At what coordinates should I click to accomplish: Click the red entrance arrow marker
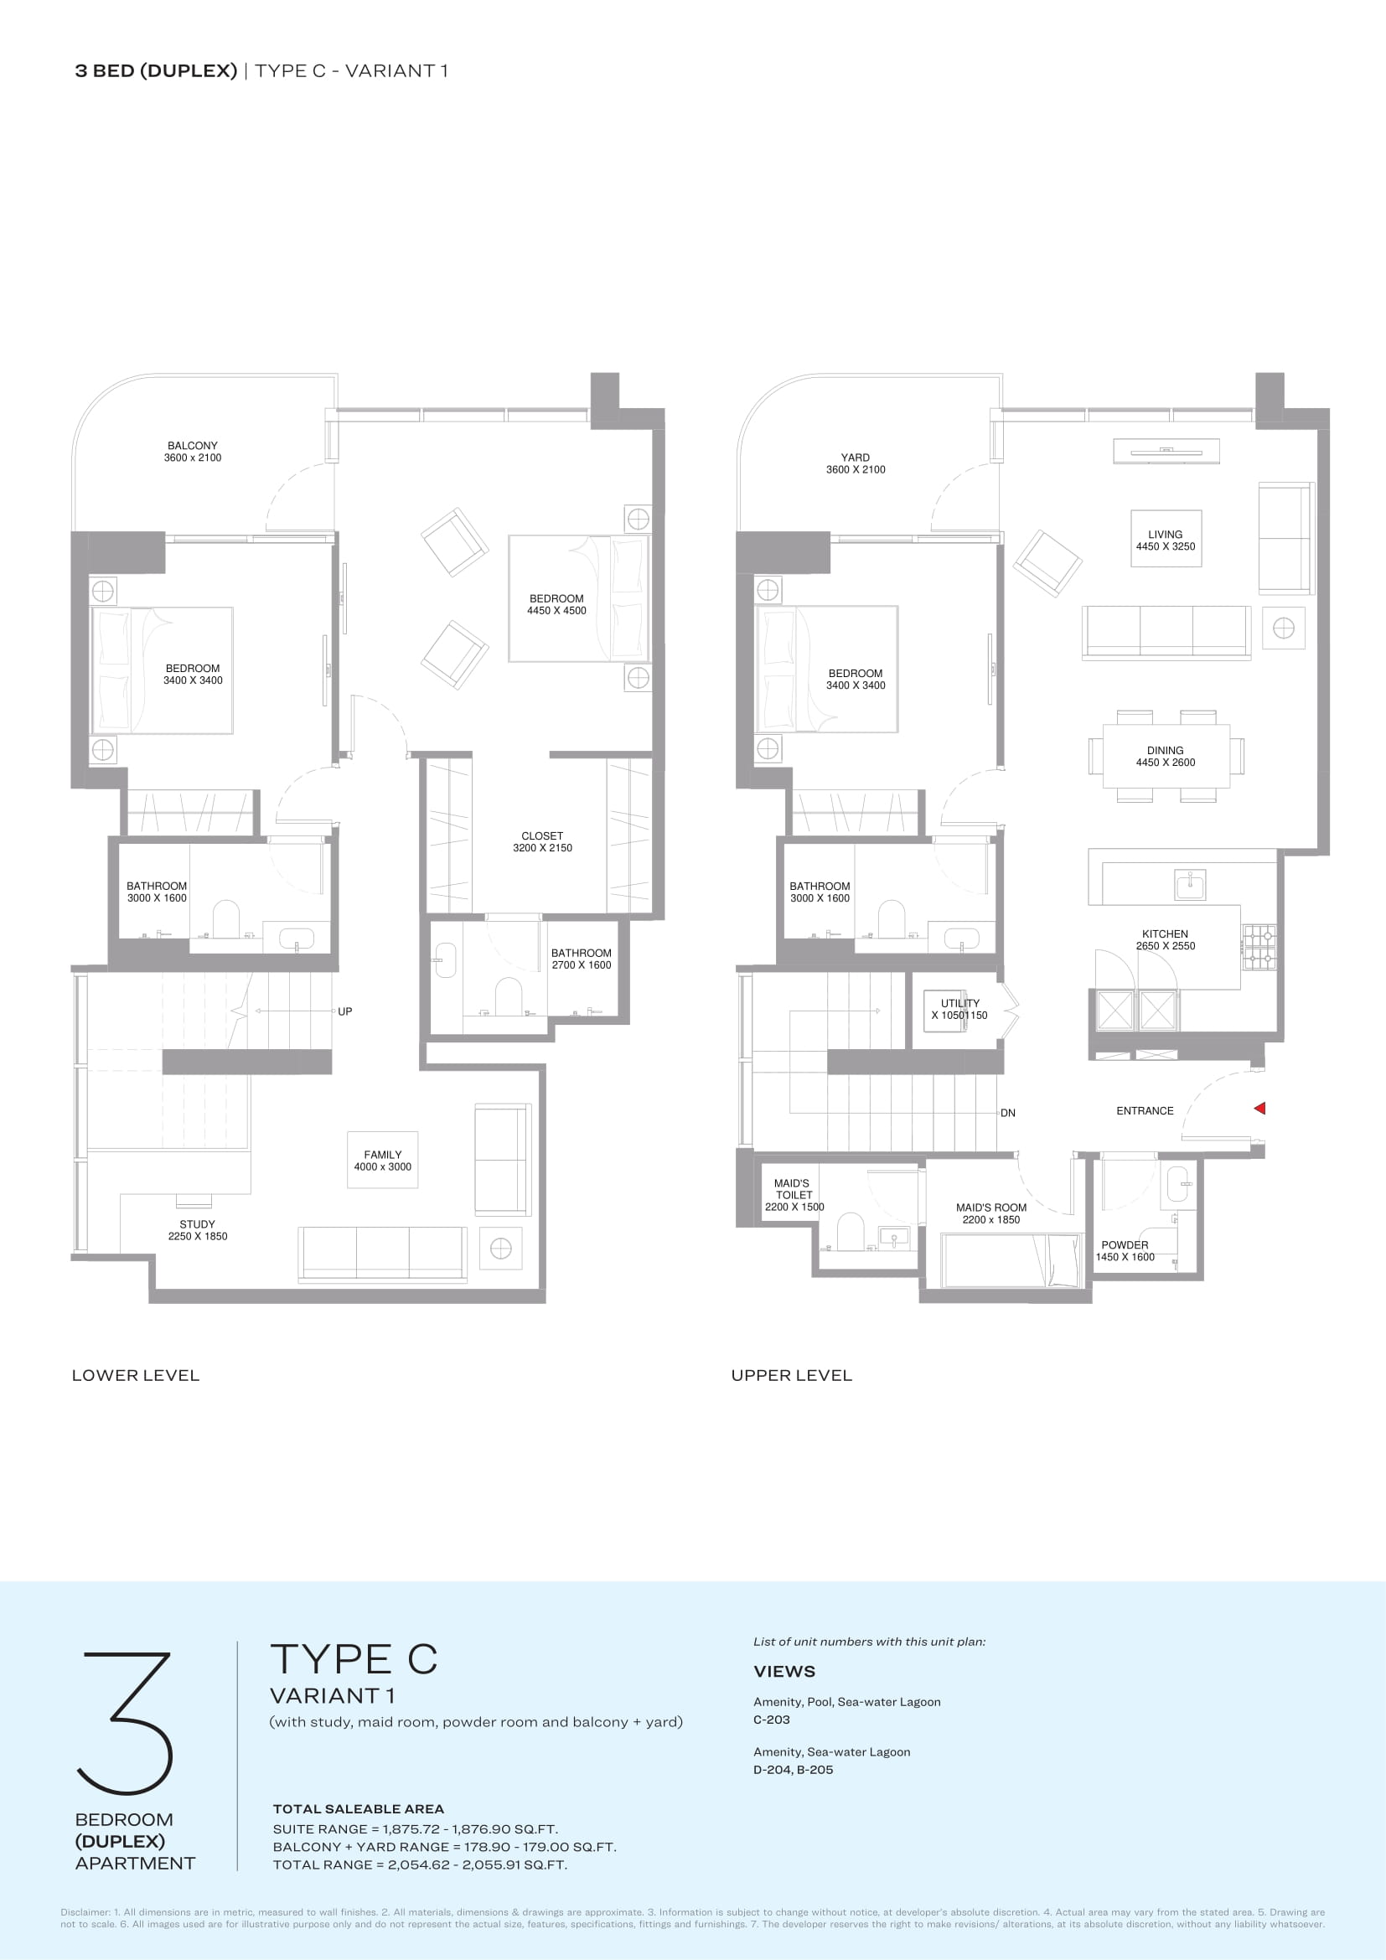pos(1259,1108)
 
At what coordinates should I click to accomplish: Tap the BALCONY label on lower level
pos(193,446)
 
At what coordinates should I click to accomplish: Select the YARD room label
pos(856,458)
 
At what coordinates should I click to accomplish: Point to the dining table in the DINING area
pos(1166,757)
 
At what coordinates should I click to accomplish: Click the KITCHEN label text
pos(1165,933)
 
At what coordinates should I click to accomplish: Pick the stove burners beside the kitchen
pos(1259,948)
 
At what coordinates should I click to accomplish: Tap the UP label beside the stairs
pos(344,1011)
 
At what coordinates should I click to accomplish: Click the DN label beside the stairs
pos(1008,1113)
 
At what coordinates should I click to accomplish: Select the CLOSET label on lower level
pos(543,835)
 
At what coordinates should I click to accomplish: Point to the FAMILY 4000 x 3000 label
pos(382,1161)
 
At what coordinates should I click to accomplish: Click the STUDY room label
pos(197,1224)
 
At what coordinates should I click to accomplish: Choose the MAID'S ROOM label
pos(990,1208)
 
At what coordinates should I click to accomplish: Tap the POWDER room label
pos(1125,1244)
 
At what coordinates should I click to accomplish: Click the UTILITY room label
pos(960,1003)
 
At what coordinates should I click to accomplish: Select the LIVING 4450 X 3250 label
pos(1166,540)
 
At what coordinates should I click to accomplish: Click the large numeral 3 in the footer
pos(127,1723)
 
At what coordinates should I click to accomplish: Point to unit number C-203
pos(772,1720)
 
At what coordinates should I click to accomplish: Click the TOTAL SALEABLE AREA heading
pos(359,1809)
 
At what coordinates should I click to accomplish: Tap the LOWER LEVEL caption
pos(136,1375)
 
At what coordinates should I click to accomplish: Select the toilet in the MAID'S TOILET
pos(851,1232)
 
